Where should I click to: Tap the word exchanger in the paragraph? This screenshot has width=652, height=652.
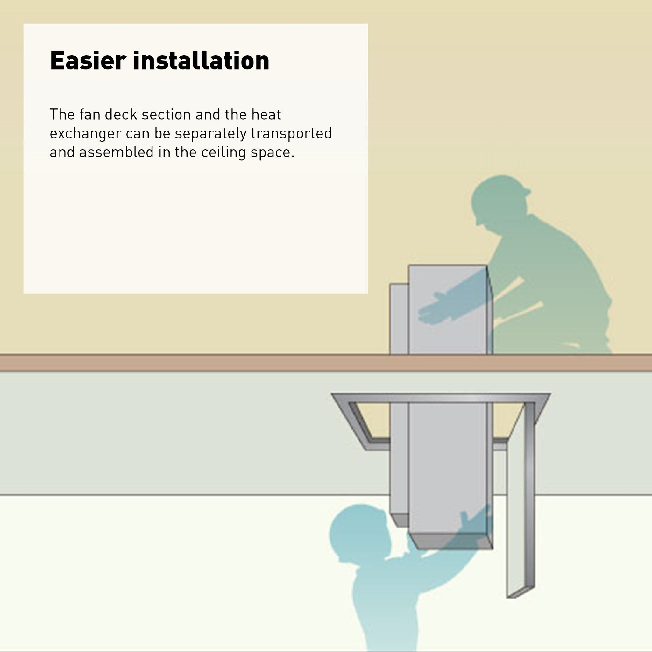[x=85, y=134]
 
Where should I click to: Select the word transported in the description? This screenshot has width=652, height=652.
[x=291, y=134]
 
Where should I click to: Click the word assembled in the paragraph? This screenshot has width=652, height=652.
[x=118, y=152]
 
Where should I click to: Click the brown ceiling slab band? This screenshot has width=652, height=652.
[x=326, y=363]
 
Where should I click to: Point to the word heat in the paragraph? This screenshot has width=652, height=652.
[x=266, y=115]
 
